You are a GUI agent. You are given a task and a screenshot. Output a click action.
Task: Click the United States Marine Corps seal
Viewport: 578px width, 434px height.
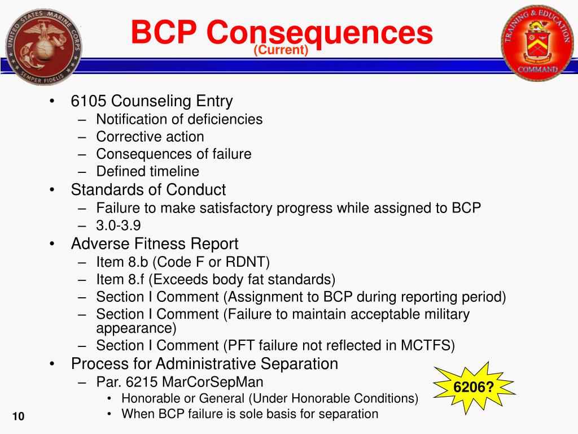tap(43, 46)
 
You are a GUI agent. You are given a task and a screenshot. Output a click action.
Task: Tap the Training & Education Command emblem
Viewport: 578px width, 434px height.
tap(538, 43)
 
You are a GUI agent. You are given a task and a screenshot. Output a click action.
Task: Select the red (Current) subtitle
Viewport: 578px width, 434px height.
tap(281, 50)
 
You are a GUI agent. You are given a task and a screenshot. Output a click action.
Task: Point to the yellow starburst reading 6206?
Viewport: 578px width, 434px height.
tap(474, 388)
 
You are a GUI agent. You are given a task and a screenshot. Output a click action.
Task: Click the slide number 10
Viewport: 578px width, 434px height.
tap(19, 416)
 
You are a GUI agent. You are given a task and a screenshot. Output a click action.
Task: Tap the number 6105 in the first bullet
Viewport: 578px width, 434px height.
tap(89, 101)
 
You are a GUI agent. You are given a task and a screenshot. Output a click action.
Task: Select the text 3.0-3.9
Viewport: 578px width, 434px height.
tap(119, 225)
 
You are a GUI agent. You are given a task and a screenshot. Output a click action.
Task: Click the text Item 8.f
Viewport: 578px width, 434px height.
tap(120, 279)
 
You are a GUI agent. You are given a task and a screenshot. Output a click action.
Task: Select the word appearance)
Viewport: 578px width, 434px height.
tap(137, 328)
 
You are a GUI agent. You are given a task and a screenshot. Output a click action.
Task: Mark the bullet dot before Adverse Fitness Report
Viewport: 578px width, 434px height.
tap(52, 244)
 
